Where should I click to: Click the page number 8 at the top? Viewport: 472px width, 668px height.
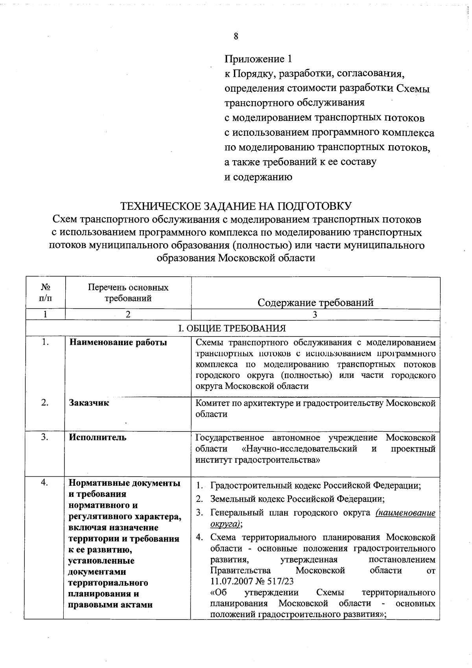[236, 37]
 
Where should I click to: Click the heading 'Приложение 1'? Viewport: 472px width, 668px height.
[258, 59]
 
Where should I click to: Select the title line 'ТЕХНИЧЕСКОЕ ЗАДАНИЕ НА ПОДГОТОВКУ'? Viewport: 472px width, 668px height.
[236, 206]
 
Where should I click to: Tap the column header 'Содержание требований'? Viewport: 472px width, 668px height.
[315, 302]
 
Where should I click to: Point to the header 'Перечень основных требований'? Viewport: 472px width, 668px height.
[128, 293]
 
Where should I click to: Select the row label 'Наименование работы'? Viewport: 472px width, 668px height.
[118, 343]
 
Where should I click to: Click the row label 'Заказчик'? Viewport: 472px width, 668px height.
[89, 403]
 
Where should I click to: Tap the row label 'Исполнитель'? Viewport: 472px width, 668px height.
[98, 437]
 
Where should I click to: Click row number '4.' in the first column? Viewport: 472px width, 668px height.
[45, 483]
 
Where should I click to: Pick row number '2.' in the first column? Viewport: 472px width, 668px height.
[45, 403]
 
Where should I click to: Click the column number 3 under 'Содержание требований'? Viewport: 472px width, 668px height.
[315, 314]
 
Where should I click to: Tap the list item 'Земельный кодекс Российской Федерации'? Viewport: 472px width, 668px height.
[297, 499]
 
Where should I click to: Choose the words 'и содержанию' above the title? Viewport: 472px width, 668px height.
[258, 177]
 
